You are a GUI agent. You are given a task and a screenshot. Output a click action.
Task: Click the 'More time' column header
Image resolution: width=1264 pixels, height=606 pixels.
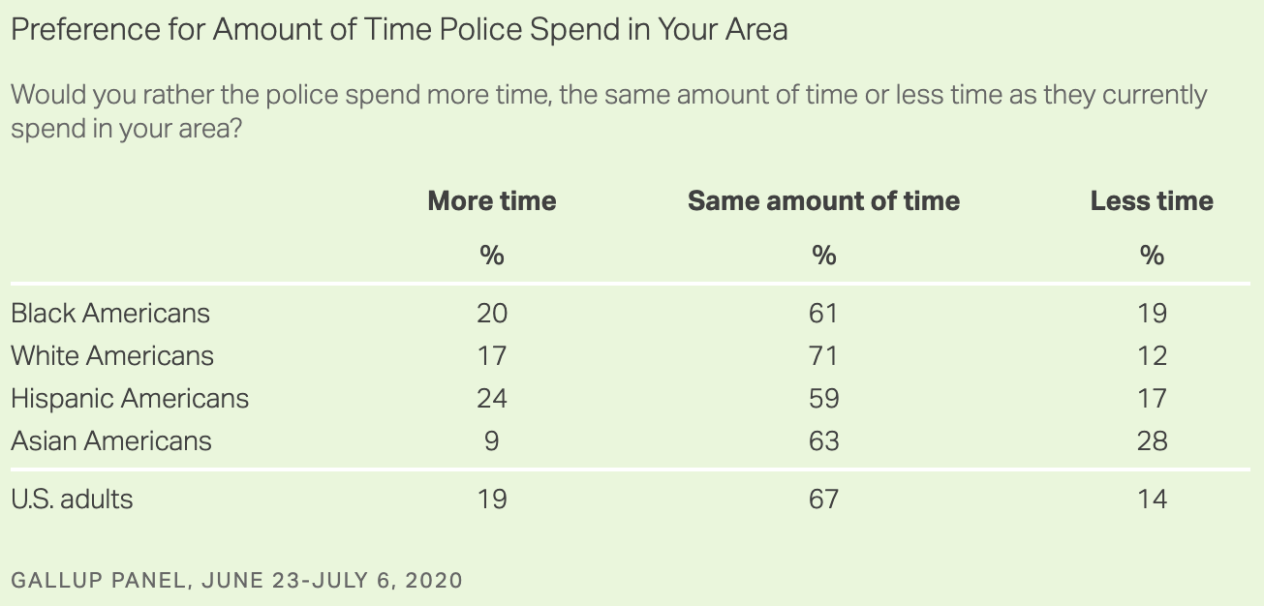[x=492, y=201]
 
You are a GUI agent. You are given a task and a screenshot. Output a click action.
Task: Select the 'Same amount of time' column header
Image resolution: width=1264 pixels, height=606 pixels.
[x=823, y=201]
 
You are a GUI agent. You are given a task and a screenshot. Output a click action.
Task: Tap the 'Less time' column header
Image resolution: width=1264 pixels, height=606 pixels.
[x=1152, y=201]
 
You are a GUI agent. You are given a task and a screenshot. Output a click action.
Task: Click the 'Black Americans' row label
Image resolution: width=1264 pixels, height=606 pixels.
[x=110, y=314]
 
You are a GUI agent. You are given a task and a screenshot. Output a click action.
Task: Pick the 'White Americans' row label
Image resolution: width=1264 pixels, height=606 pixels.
[x=112, y=356]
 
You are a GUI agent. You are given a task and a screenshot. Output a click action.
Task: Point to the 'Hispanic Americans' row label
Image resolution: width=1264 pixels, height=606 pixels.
[x=130, y=399]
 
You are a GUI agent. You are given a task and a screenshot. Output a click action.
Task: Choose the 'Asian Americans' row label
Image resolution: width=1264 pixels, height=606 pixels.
[x=111, y=441]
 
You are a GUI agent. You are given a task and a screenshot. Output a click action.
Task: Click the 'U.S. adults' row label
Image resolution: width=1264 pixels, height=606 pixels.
[x=72, y=500]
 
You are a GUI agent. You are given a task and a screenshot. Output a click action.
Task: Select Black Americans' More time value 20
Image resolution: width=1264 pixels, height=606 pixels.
[x=492, y=314]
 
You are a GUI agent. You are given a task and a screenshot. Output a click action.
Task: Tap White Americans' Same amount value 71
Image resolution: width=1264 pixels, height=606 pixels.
[x=823, y=356]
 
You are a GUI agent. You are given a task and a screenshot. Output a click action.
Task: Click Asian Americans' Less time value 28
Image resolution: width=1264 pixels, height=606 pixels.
[x=1153, y=441]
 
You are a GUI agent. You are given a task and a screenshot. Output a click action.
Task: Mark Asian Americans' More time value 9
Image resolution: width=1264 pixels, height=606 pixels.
[x=492, y=441]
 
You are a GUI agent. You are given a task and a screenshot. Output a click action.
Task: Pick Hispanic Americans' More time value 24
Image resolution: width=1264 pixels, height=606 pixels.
[x=492, y=399]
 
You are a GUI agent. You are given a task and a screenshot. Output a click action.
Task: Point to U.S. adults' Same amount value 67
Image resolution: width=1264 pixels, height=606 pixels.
[x=823, y=500]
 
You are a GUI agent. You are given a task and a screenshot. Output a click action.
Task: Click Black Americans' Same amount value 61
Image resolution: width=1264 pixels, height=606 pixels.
[x=823, y=314]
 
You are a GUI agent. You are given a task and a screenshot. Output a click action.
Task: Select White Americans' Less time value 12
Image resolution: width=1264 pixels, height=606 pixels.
[x=1153, y=356]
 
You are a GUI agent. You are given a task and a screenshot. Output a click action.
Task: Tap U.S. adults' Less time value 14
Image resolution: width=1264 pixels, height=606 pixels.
[x=1153, y=500]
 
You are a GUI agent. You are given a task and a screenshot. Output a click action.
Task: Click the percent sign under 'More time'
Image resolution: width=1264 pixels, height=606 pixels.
[x=492, y=256]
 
